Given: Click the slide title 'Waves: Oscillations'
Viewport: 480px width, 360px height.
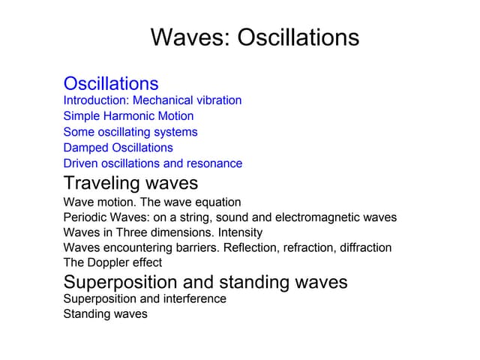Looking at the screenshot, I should (x=255, y=37).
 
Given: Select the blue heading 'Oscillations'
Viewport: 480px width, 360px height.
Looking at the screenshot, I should (x=111, y=83).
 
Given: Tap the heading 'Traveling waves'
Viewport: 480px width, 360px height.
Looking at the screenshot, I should (x=130, y=183).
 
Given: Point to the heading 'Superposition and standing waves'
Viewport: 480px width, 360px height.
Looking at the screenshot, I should (x=205, y=282).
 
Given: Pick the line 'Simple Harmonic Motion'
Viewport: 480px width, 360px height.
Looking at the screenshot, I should (x=128, y=116).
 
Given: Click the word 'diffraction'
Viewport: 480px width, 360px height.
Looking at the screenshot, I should (x=363, y=247).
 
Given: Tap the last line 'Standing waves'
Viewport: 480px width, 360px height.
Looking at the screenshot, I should (x=105, y=314).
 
